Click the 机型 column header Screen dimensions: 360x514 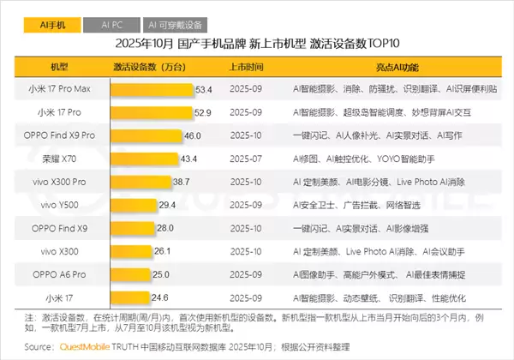point(61,65)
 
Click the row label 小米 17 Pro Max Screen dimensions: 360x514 point(61,88)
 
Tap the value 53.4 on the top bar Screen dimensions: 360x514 point(203,88)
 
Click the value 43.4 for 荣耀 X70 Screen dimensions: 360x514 point(188,159)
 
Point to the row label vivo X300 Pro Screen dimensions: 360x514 point(61,182)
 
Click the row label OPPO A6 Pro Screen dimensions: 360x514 point(61,274)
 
